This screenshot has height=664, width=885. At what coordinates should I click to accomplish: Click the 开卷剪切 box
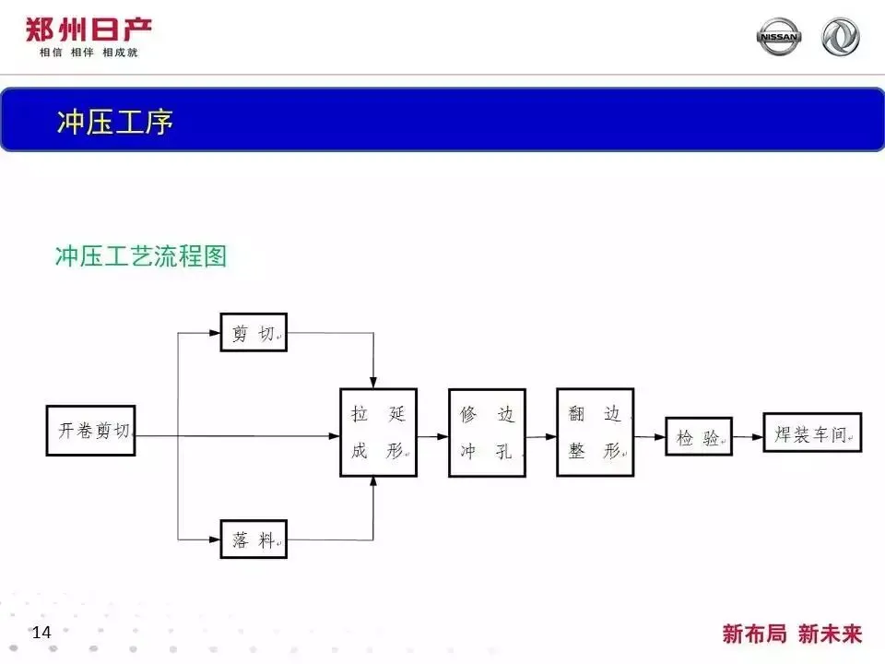pyautogui.click(x=90, y=430)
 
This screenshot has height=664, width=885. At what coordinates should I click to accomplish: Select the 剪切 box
pyautogui.click(x=254, y=332)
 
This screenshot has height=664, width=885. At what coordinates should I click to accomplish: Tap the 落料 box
pyautogui.click(x=254, y=539)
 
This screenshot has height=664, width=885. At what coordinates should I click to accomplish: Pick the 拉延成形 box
pyautogui.click(x=378, y=432)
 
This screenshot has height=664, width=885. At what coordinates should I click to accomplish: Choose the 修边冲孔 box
pyautogui.click(x=487, y=433)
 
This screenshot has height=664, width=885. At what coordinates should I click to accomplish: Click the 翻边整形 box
pyautogui.click(x=596, y=431)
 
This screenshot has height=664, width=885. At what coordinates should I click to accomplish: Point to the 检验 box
pyautogui.click(x=699, y=436)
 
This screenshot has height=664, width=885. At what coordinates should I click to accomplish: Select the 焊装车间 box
pyautogui.click(x=812, y=433)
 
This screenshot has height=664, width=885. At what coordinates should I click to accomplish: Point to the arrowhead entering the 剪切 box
pyautogui.click(x=215, y=332)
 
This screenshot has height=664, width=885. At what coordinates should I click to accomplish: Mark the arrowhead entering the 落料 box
pyautogui.click(x=215, y=539)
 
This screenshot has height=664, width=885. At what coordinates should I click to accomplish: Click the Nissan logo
pyautogui.click(x=779, y=37)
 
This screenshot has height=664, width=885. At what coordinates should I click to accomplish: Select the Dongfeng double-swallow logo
pyautogui.click(x=840, y=37)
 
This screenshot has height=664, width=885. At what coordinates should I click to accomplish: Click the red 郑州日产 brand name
pyautogui.click(x=88, y=30)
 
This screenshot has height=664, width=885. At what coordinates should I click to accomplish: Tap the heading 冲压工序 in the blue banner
pyautogui.click(x=115, y=122)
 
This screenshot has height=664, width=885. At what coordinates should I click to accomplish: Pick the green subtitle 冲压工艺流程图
pyautogui.click(x=141, y=255)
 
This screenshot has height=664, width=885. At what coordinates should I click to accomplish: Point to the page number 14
pyautogui.click(x=41, y=633)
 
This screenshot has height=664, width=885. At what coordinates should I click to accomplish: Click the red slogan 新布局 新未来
pyautogui.click(x=792, y=634)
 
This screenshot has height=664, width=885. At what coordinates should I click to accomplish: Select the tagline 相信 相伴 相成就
pyautogui.click(x=88, y=53)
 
